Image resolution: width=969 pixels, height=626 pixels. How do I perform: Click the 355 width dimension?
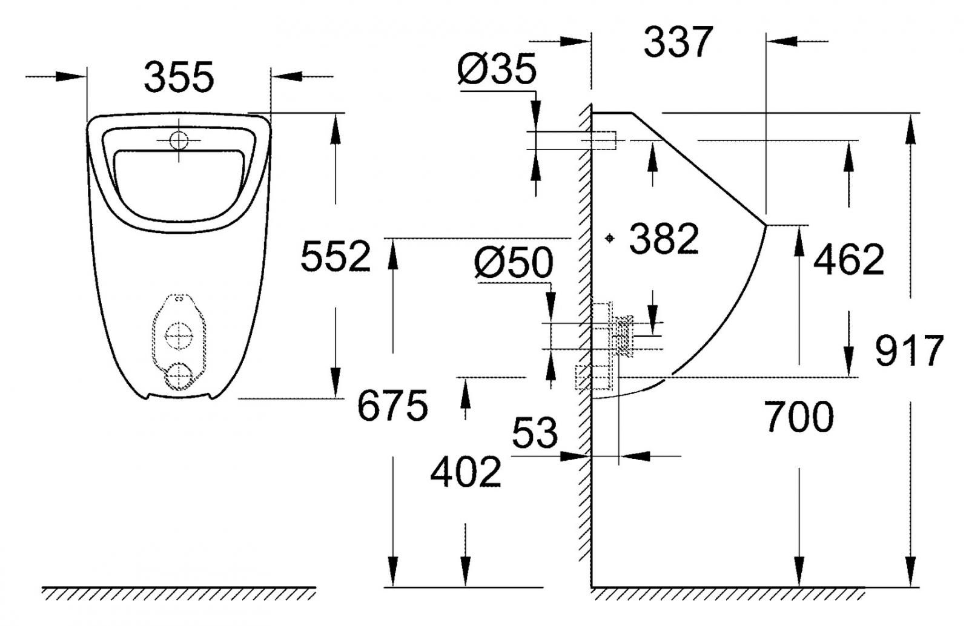(x=179, y=77)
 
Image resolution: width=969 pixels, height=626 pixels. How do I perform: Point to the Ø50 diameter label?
(x=514, y=263)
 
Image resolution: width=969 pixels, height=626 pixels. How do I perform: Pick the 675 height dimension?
(x=392, y=406)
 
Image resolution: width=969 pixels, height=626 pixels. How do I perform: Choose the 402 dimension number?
(x=466, y=472)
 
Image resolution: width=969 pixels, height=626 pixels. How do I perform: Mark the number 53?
(x=535, y=433)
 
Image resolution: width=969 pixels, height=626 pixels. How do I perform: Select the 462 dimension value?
(x=848, y=260)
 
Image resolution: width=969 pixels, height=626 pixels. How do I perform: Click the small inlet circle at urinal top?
(x=179, y=140)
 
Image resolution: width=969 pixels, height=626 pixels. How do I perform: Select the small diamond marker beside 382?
(x=610, y=239)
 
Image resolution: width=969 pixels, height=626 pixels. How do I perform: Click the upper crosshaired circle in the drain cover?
(x=179, y=335)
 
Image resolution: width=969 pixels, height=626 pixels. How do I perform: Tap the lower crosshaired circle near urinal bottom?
(x=179, y=377)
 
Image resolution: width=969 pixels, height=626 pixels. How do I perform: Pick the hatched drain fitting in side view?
(x=624, y=337)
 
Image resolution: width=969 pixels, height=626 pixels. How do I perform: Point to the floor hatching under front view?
(x=179, y=594)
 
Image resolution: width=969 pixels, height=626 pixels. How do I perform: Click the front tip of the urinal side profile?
(x=765, y=226)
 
